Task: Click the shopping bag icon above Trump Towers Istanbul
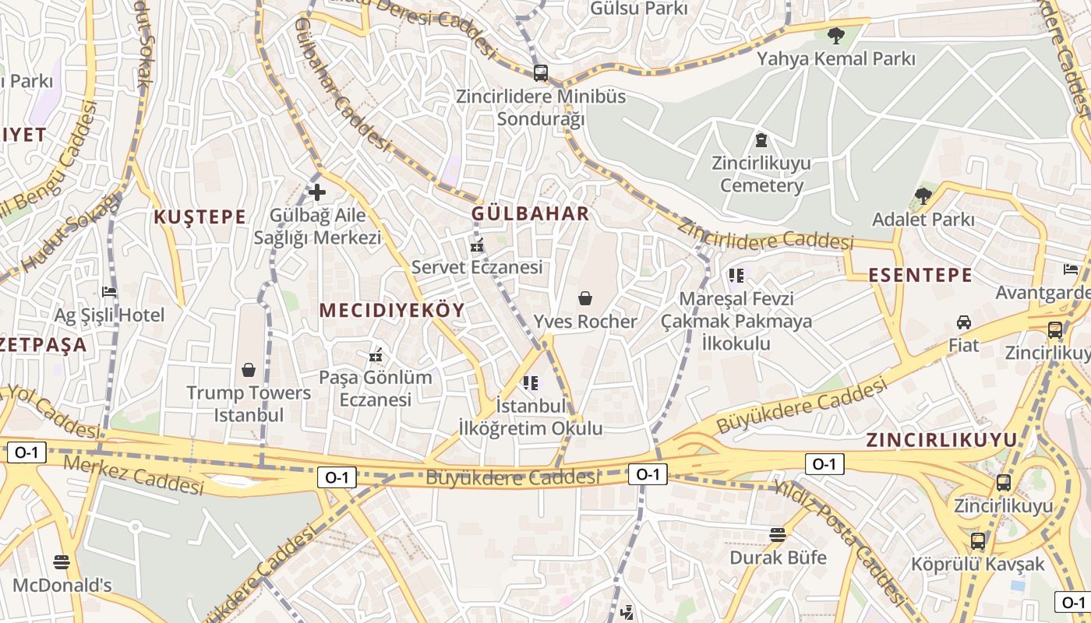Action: [x=249, y=369]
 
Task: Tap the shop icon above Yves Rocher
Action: [x=585, y=298]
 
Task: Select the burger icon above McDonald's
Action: [x=62, y=561]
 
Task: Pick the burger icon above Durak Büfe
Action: [x=777, y=534]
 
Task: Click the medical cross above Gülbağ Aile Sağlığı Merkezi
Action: [x=317, y=192]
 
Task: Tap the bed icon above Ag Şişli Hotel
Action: [x=109, y=292]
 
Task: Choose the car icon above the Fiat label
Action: [x=964, y=322]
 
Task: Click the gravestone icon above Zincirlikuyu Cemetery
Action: [x=761, y=140]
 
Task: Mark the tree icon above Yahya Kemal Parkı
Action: [x=836, y=35]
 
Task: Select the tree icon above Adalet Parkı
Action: [x=923, y=195]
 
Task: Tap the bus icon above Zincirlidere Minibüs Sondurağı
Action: [x=540, y=73]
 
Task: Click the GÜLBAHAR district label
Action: [x=530, y=213]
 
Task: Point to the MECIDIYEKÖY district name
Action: [x=392, y=310]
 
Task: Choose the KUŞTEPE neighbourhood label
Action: [x=199, y=216]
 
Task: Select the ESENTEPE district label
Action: [x=920, y=275]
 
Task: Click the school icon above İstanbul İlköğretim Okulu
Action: [x=531, y=382]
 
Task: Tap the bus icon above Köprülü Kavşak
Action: [x=978, y=540]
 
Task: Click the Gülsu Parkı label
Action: [x=639, y=9]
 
